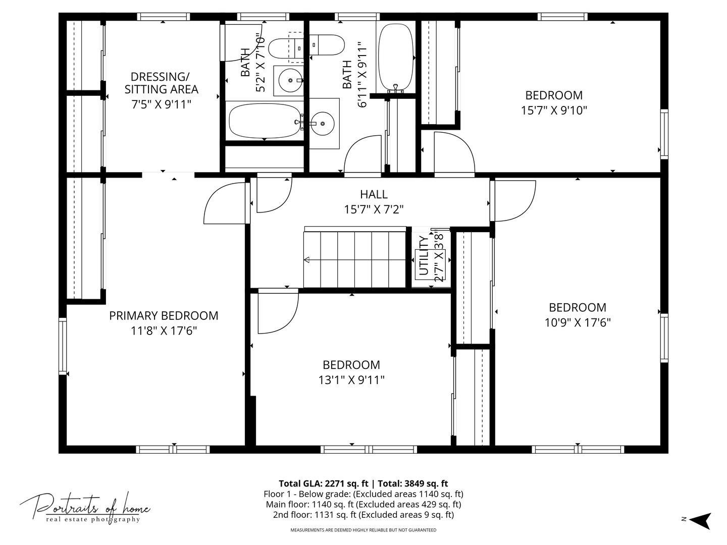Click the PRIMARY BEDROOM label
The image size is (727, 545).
coord(164,316)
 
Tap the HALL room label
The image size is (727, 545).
coord(374,194)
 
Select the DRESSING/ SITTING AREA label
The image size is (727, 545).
coord(161,83)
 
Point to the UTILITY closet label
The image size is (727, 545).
coord(424,256)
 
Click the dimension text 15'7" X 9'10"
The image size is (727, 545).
coord(554,111)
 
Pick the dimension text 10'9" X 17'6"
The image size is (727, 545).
coord(578,322)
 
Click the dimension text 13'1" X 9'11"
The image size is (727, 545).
coord(351,380)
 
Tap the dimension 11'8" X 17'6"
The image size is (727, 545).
coord(164,331)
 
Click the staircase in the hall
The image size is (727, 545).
coord(354,259)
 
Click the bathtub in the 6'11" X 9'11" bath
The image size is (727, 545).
coord(396,57)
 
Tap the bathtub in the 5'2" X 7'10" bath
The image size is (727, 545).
coord(264,122)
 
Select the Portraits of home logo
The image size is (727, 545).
coord(85,507)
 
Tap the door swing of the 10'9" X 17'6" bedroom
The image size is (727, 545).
coord(512,199)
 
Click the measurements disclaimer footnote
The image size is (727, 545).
coord(363,530)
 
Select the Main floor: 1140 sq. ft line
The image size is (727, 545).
coord(363,504)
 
